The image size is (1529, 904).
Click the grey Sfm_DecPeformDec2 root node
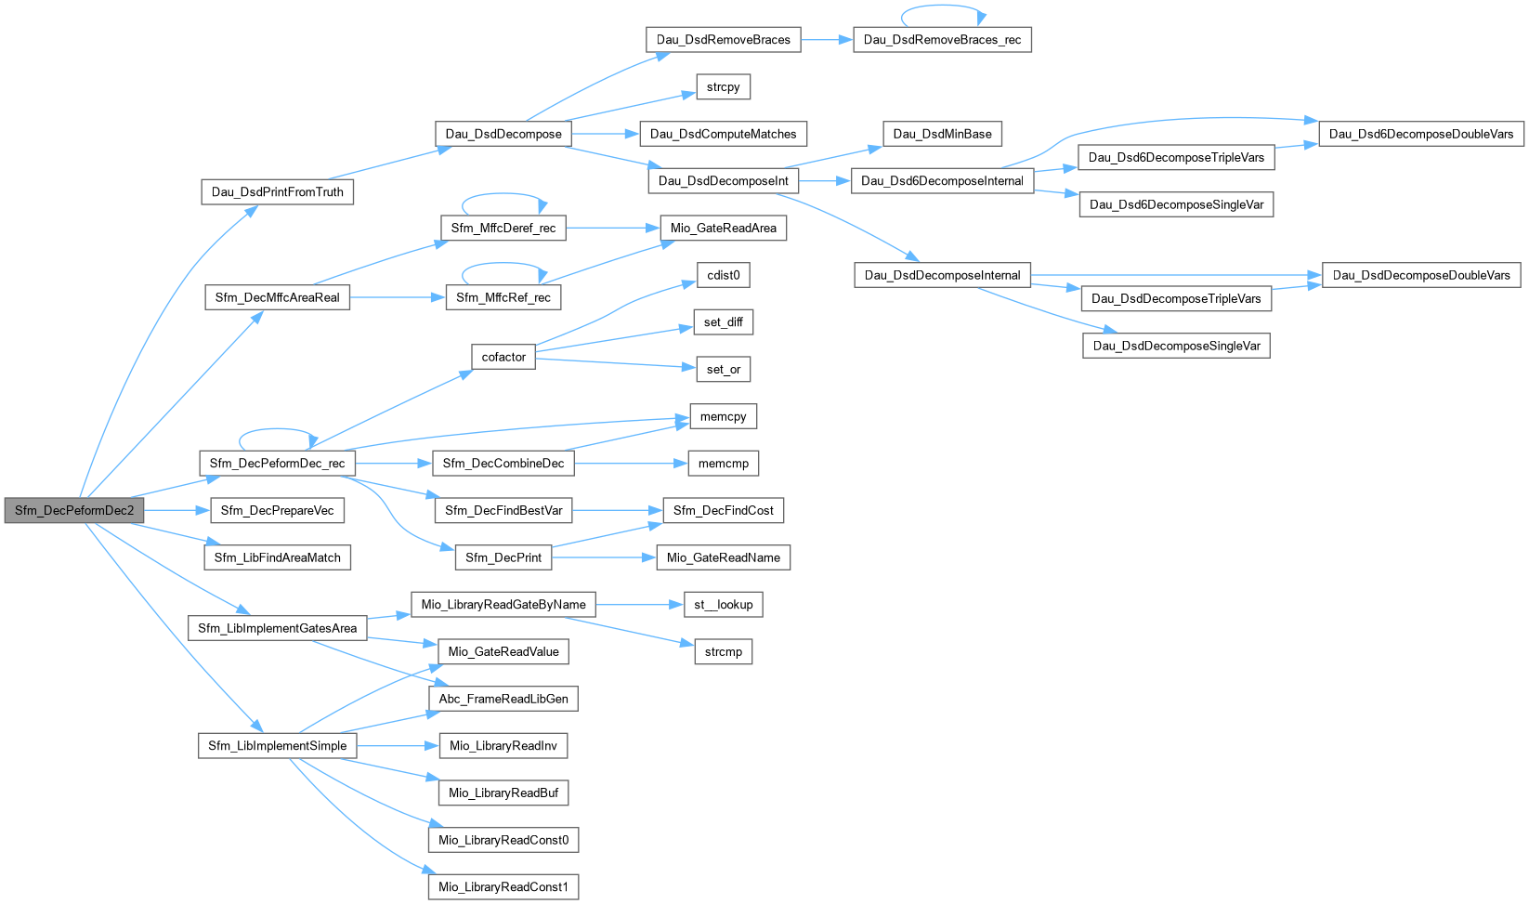pyautogui.click(x=74, y=510)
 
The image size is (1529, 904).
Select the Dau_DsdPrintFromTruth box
pyautogui.click(x=277, y=192)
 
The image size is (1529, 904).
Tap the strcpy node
pyautogui.click(x=723, y=87)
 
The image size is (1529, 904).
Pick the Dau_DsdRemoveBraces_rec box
pyautogui.click(x=942, y=40)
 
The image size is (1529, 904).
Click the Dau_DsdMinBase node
pyautogui.click(x=942, y=134)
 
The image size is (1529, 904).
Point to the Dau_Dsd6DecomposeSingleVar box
pyautogui.click(x=1176, y=204)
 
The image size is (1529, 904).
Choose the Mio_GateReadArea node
pyautogui.click(x=723, y=229)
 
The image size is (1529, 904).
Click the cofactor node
pyautogui.click(x=503, y=357)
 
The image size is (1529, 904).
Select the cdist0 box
pyautogui.click(x=723, y=275)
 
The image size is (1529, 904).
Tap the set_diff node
pyautogui.click(x=723, y=322)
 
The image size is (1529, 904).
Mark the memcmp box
pyautogui.click(x=723, y=464)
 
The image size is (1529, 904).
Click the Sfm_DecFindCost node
pyautogui.click(x=723, y=510)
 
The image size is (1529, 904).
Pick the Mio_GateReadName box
pyautogui.click(x=723, y=557)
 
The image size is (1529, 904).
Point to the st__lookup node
pyautogui.click(x=723, y=605)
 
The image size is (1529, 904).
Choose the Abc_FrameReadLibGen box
pyautogui.click(x=503, y=699)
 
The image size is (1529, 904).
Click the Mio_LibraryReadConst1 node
pyautogui.click(x=503, y=887)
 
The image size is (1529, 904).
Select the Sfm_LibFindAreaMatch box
pyautogui.click(x=277, y=557)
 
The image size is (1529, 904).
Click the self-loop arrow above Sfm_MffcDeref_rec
pyautogui.click(x=502, y=195)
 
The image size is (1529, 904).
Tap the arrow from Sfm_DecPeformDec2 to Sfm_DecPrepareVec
pyautogui.click(x=176, y=510)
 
